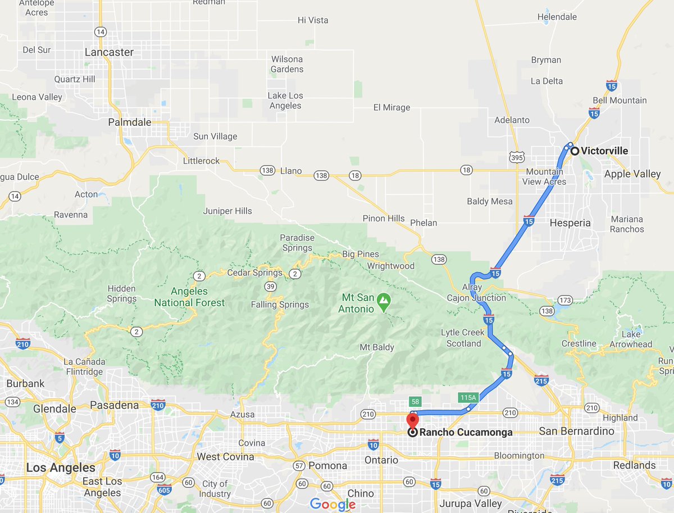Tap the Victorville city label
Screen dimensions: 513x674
[x=604, y=151]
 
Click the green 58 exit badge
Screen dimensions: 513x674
[x=415, y=401]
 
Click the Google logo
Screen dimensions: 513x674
[x=333, y=504]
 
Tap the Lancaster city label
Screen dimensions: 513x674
[x=109, y=52]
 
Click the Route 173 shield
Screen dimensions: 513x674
[x=564, y=300]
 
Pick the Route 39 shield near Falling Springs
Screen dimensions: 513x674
[x=270, y=287]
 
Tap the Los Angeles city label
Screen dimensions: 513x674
[x=61, y=467]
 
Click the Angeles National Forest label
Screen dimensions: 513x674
[x=189, y=297]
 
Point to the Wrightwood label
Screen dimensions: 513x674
[x=391, y=266]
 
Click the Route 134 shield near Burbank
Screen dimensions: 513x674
[x=12, y=402]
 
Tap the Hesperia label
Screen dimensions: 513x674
[x=571, y=223]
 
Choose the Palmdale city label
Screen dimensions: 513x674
[x=130, y=122]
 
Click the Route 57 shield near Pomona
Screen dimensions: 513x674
[x=299, y=466]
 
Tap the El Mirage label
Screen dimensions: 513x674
[x=391, y=107]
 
